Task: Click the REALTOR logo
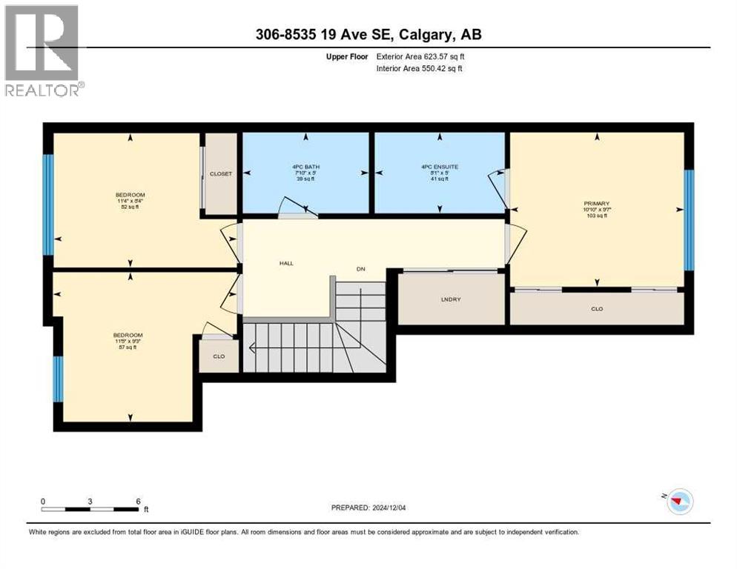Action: coord(42,50)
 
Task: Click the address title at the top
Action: coord(368,34)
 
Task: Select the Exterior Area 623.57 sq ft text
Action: coord(421,56)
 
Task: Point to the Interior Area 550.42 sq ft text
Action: coord(420,69)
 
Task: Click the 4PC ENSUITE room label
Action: coord(440,167)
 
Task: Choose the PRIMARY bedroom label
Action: coord(596,203)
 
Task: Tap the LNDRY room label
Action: coord(451,299)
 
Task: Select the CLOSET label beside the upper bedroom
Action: coord(220,174)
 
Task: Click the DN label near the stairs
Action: coord(360,269)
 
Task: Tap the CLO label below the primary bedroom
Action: coord(597,308)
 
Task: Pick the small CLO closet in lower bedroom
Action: coord(219,356)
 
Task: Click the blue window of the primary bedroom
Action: coord(688,219)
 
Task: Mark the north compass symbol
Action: coord(678,502)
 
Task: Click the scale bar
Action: coord(90,509)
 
